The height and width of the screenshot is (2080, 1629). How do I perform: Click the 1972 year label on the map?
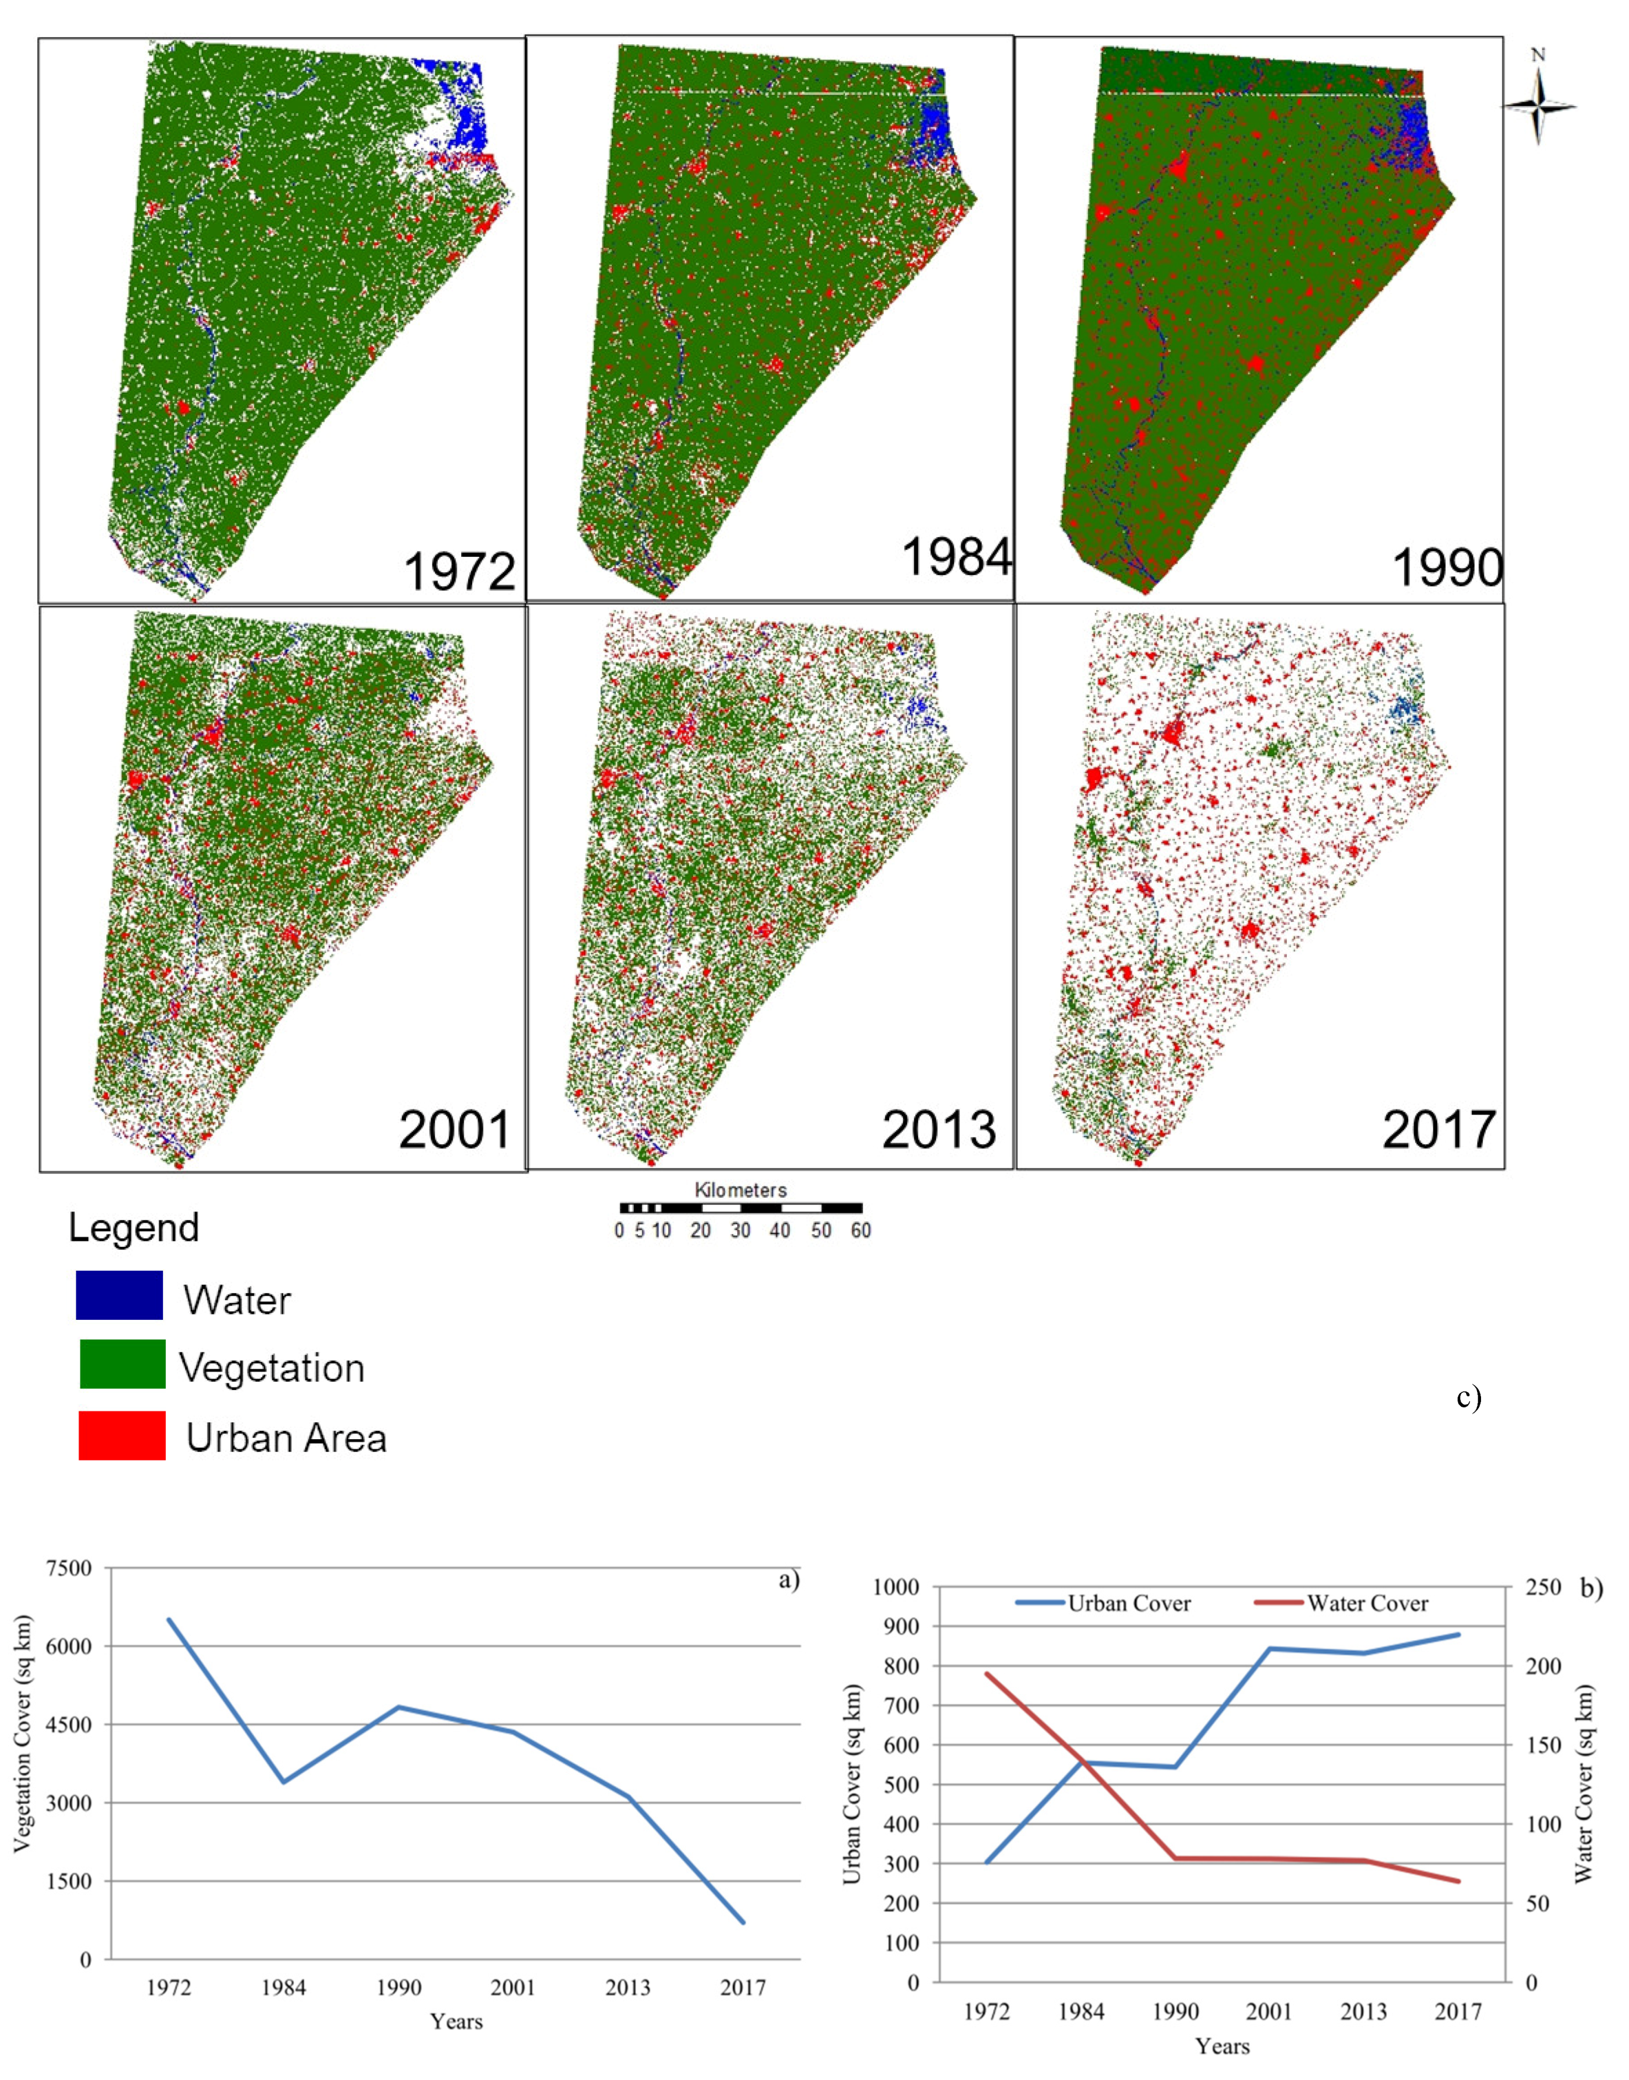pyautogui.click(x=459, y=572)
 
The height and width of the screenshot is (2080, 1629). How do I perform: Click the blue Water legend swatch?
pyautogui.click(x=119, y=1295)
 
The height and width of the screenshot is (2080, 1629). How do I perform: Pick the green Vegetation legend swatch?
pyautogui.click(x=122, y=1365)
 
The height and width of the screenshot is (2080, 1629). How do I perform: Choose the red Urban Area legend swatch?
pyautogui.click(x=122, y=1436)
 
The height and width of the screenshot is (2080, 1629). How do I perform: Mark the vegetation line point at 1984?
pyautogui.click(x=283, y=1781)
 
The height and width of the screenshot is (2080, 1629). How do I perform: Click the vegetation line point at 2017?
pyautogui.click(x=743, y=1923)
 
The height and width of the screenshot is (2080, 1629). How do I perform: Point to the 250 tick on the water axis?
pyautogui.click(x=1542, y=1587)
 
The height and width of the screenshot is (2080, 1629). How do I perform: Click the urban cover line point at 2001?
pyautogui.click(x=1270, y=1648)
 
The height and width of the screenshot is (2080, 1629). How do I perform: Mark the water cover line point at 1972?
pyautogui.click(x=986, y=1673)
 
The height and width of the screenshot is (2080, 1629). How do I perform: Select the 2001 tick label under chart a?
pyautogui.click(x=513, y=1987)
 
